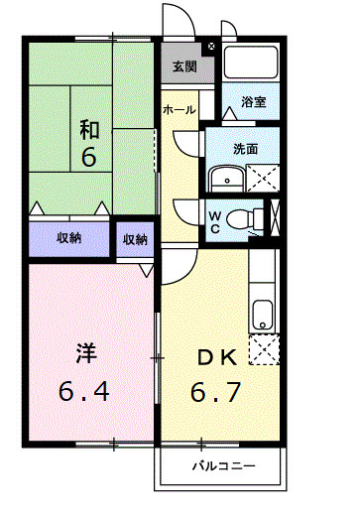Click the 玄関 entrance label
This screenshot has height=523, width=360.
[184, 66]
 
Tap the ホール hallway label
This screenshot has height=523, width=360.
[179, 109]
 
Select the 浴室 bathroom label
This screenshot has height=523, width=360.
[254, 102]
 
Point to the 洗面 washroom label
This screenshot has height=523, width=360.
[245, 149]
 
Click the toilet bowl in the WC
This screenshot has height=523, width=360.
[241, 219]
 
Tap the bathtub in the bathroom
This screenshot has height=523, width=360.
[251, 63]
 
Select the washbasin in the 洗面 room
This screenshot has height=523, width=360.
[227, 179]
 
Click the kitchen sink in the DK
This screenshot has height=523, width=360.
[263, 315]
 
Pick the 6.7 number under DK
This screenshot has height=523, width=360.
[215, 392]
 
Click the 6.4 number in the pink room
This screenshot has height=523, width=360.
[84, 392]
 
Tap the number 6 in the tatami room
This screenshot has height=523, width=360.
[89, 156]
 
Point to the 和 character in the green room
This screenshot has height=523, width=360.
[89, 130]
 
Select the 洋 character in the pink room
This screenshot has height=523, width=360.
[86, 353]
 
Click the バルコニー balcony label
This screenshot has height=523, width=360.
[224, 465]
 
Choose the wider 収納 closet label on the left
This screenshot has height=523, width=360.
[68, 238]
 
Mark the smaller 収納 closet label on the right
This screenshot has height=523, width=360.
[135, 239]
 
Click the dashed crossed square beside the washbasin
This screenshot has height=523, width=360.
[263, 178]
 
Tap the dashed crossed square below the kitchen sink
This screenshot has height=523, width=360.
[264, 349]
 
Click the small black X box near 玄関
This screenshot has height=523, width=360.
[211, 47]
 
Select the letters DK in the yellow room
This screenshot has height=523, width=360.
[217, 357]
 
